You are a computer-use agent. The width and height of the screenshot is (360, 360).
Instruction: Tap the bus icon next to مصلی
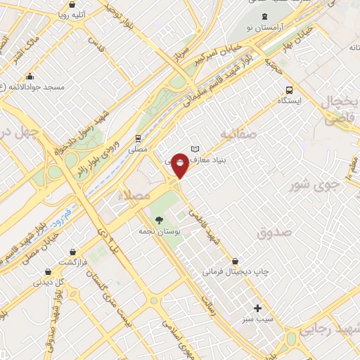138,138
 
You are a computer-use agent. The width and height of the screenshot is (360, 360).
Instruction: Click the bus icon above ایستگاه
289,90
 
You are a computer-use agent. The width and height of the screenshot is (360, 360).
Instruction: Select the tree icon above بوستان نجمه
159,219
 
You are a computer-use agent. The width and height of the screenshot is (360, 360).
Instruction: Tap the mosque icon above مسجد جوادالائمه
29,76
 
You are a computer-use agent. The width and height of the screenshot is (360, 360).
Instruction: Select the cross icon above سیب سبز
257,308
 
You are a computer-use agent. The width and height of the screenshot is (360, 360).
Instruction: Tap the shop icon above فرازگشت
72,250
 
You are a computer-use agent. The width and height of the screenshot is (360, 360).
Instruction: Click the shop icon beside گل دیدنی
47,271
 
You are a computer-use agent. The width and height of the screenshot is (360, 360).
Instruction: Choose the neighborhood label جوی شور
315,185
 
